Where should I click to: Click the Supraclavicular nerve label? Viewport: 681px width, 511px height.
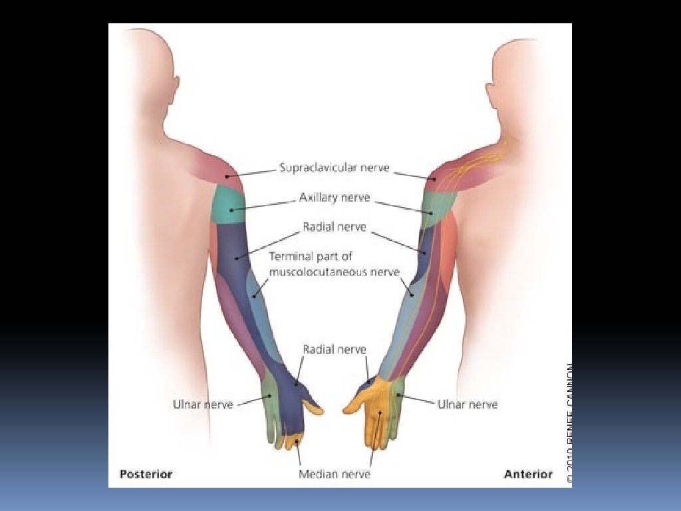(x=334, y=168)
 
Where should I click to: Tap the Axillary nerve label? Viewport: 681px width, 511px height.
(x=334, y=198)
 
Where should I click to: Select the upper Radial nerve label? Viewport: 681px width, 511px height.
(x=334, y=227)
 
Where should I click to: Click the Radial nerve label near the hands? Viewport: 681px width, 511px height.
(x=334, y=349)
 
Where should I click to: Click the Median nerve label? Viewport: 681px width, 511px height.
(x=334, y=474)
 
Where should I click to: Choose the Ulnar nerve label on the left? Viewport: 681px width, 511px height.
(x=203, y=404)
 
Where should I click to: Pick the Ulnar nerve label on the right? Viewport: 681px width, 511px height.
(x=467, y=404)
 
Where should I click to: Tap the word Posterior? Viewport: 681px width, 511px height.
(x=146, y=474)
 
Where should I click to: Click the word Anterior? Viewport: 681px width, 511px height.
(x=528, y=474)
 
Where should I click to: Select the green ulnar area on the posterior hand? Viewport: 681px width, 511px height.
(x=271, y=406)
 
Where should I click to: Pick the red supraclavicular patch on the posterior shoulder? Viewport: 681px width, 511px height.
(x=219, y=170)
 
